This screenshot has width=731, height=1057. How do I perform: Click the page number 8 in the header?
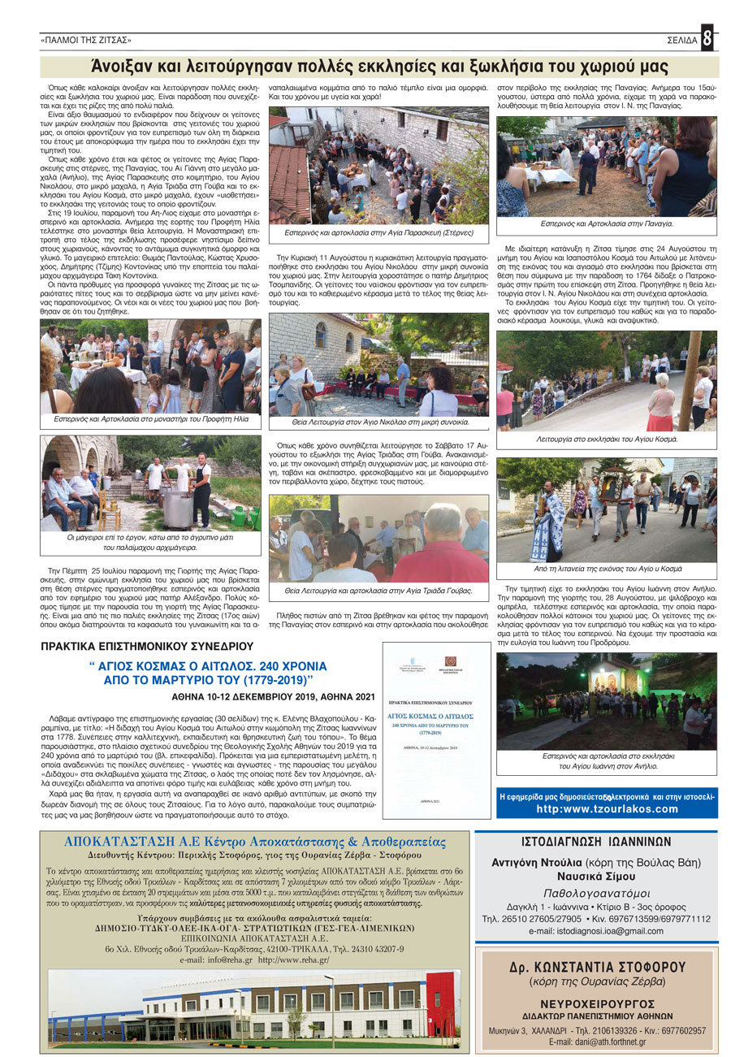(x=707, y=39)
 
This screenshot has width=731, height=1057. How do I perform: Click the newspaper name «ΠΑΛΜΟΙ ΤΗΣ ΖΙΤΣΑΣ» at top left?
(x=85, y=40)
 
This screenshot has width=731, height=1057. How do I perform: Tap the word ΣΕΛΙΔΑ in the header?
(x=679, y=40)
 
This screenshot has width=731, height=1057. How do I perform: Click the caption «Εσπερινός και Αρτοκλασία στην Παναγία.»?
(x=606, y=223)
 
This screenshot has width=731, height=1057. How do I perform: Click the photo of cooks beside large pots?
(x=150, y=483)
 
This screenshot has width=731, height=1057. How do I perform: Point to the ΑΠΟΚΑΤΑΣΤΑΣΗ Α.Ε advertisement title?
(x=255, y=841)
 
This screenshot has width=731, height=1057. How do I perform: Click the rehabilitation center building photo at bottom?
(x=255, y=1007)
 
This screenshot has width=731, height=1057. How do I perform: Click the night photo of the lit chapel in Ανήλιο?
(x=606, y=691)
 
